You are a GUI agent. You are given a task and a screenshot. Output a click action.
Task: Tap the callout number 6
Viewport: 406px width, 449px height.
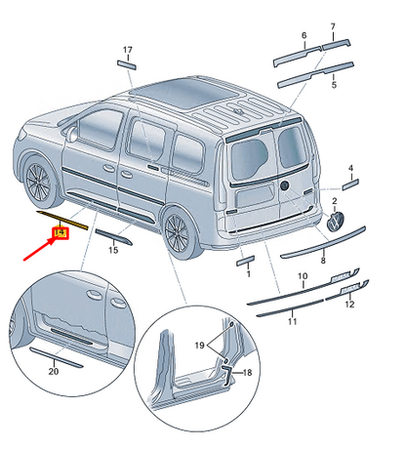pyautogui.click(x=304, y=36)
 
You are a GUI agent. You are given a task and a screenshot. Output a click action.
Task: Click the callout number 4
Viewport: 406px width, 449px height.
pyautogui.click(x=351, y=167)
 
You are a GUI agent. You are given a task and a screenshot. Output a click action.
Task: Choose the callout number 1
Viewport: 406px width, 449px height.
pyautogui.click(x=249, y=274)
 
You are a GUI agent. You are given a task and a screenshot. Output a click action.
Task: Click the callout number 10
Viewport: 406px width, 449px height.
pyautogui.click(x=302, y=277)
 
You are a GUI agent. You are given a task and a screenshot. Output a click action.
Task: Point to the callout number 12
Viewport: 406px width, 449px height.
pyautogui.click(x=349, y=305)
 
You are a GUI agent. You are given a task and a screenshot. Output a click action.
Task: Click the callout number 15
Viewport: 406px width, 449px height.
pyautogui.click(x=112, y=251)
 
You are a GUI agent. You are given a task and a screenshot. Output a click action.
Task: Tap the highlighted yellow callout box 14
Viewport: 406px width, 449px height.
pyautogui.click(x=61, y=232)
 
